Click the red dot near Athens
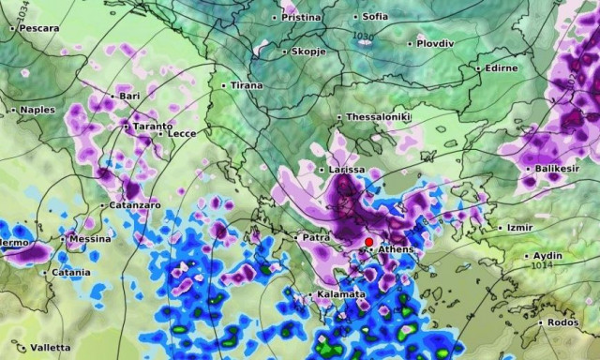[x=367, y=241]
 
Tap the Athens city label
[x=395, y=249]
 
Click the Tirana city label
[x=246, y=85]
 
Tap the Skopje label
[x=308, y=52]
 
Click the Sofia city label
[x=374, y=17]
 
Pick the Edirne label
[x=502, y=68]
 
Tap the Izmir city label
[x=518, y=228]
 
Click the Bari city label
[x=128, y=97]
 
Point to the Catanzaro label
[x=134, y=204]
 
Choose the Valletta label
[x=49, y=348]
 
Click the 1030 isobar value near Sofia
[x=361, y=37]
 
